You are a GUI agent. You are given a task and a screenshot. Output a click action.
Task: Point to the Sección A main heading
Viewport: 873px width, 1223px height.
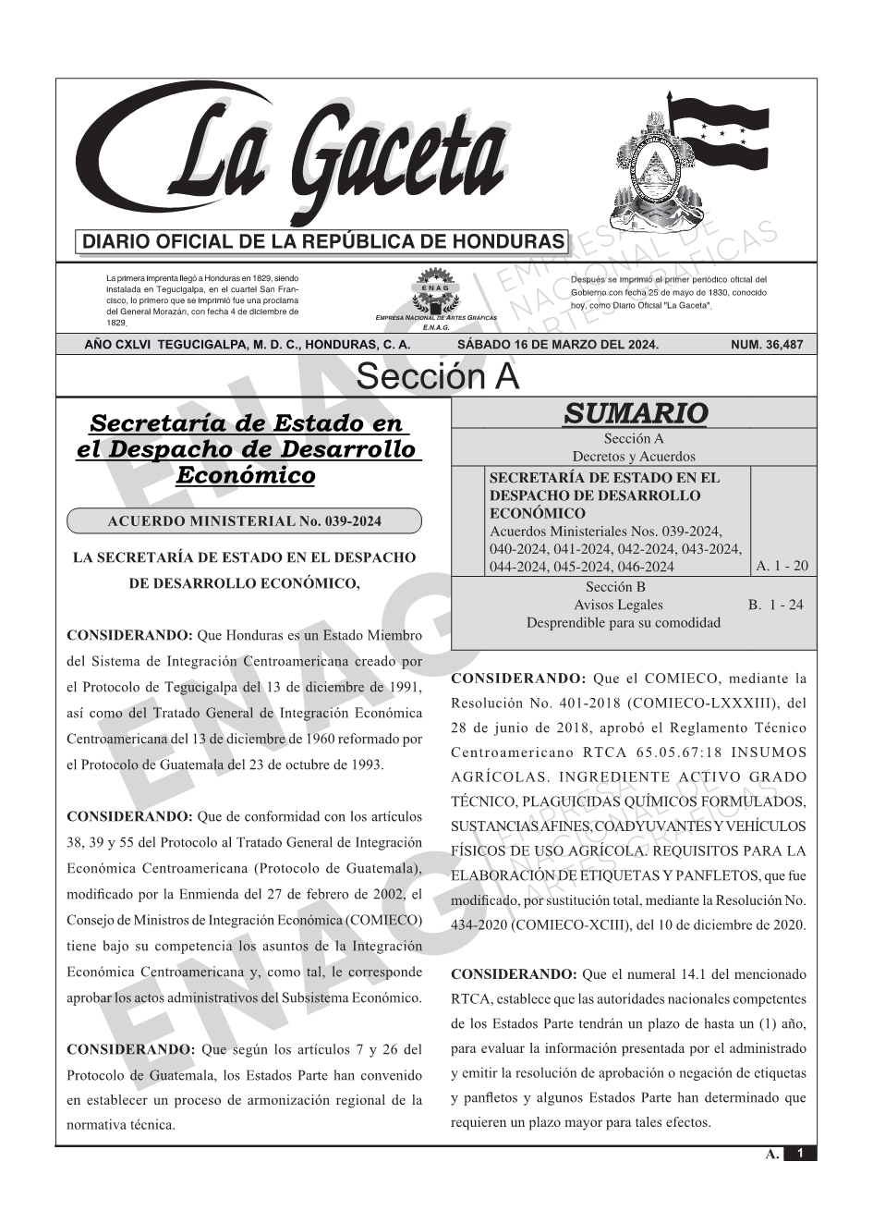pyautogui.click(x=437, y=376)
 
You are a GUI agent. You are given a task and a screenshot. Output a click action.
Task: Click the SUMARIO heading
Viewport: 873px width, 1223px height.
pyautogui.click(x=635, y=413)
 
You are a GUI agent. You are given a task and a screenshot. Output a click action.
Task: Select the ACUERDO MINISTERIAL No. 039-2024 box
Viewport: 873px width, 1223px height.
pyautogui.click(x=244, y=521)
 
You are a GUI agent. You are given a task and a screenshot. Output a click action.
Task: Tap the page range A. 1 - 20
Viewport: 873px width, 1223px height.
pyautogui.click(x=782, y=566)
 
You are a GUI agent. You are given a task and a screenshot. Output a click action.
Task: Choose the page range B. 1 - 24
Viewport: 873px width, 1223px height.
pyautogui.click(x=775, y=605)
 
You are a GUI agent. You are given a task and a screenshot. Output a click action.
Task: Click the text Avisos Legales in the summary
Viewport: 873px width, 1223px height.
pyautogui.click(x=618, y=605)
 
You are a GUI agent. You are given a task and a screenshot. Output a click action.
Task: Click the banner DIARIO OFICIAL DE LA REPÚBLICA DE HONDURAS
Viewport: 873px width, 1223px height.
pyautogui.click(x=323, y=242)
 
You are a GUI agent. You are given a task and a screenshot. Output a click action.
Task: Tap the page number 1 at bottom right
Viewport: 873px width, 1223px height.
pyautogui.click(x=800, y=1154)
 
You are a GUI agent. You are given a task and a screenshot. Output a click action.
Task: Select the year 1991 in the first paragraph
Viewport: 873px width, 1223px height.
pyautogui.click(x=406, y=688)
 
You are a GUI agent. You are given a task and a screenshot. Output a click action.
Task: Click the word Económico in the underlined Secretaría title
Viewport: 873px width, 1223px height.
pyautogui.click(x=245, y=475)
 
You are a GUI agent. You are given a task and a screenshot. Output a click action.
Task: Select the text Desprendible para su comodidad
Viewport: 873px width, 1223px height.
pyautogui.click(x=623, y=622)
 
